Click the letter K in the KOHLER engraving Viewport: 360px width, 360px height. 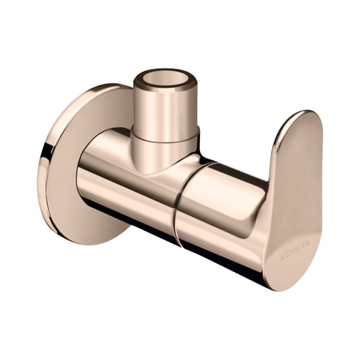point(283,257)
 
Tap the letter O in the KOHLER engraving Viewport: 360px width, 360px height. point(288,255)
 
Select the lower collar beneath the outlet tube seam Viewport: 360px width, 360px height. point(164,154)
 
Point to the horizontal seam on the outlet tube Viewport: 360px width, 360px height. point(165,140)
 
